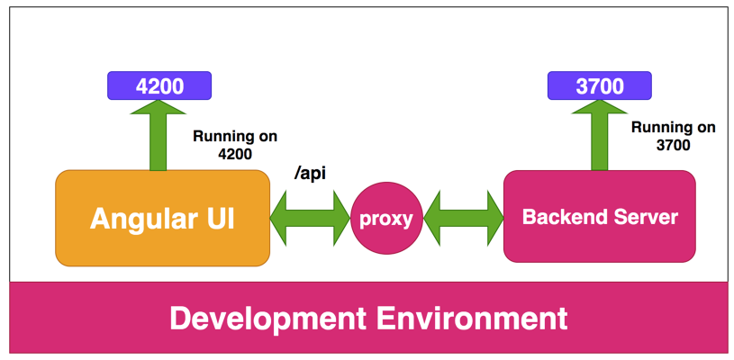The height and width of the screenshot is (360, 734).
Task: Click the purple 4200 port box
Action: coord(159,86)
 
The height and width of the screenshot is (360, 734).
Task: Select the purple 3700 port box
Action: coord(599,86)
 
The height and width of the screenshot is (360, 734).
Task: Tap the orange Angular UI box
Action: coord(162,219)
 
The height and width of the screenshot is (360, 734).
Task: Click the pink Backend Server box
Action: coord(599,217)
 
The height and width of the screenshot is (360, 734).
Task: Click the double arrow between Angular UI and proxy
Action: coord(310,217)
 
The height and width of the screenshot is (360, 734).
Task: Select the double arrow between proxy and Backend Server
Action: coord(463,217)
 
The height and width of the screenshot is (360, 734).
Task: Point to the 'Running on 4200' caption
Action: coord(235,145)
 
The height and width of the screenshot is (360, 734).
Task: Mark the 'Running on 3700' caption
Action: coord(673,136)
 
